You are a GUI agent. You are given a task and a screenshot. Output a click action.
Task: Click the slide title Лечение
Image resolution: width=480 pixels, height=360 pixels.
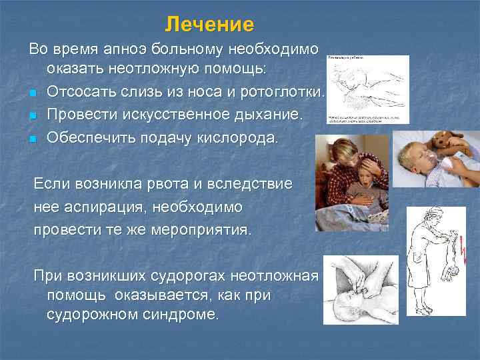point(209,25)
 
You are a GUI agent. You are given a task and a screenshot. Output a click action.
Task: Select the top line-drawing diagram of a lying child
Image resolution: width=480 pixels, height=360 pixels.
point(367,89)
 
